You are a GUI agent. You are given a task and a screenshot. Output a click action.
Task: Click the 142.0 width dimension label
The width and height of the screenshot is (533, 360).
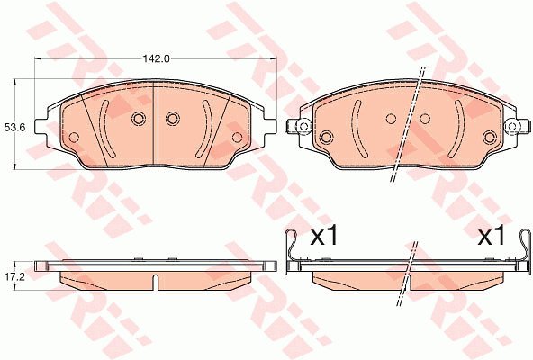pyautogui.click(x=156, y=58)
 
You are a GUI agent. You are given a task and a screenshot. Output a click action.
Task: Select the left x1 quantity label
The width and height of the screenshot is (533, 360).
pyautogui.click(x=324, y=237)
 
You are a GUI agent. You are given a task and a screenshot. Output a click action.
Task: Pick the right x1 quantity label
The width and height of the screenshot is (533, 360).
pyautogui.click(x=492, y=237)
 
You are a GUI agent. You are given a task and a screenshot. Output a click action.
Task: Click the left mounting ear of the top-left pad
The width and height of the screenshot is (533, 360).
pyautogui.click(x=41, y=127)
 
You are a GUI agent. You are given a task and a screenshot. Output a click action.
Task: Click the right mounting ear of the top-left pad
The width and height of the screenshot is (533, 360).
pyautogui.click(x=270, y=127)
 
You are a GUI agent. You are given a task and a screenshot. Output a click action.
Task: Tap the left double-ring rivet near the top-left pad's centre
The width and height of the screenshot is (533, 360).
pyautogui.click(x=139, y=119)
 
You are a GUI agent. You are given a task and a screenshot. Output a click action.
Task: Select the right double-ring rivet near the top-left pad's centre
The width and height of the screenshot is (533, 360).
pyautogui.click(x=172, y=119)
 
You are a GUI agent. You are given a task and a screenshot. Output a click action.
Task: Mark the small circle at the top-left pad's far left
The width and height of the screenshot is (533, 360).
pyautogui.click(x=74, y=138)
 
